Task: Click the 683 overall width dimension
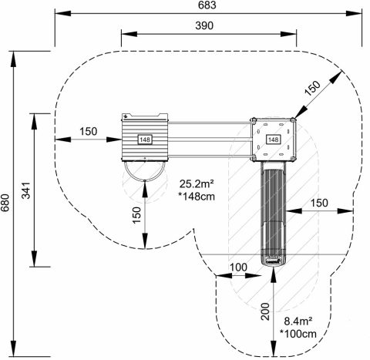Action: pos(207,5)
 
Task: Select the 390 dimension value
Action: pos(204,25)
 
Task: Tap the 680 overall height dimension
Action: pos(5,203)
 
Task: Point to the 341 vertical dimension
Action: pos(26,190)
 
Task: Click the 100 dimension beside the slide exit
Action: pos(238,267)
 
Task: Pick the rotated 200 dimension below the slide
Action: pos(265,311)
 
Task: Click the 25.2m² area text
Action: pos(197,184)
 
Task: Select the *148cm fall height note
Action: pos(197,197)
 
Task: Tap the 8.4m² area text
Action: pos(298,321)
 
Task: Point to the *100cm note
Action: pos(298,334)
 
